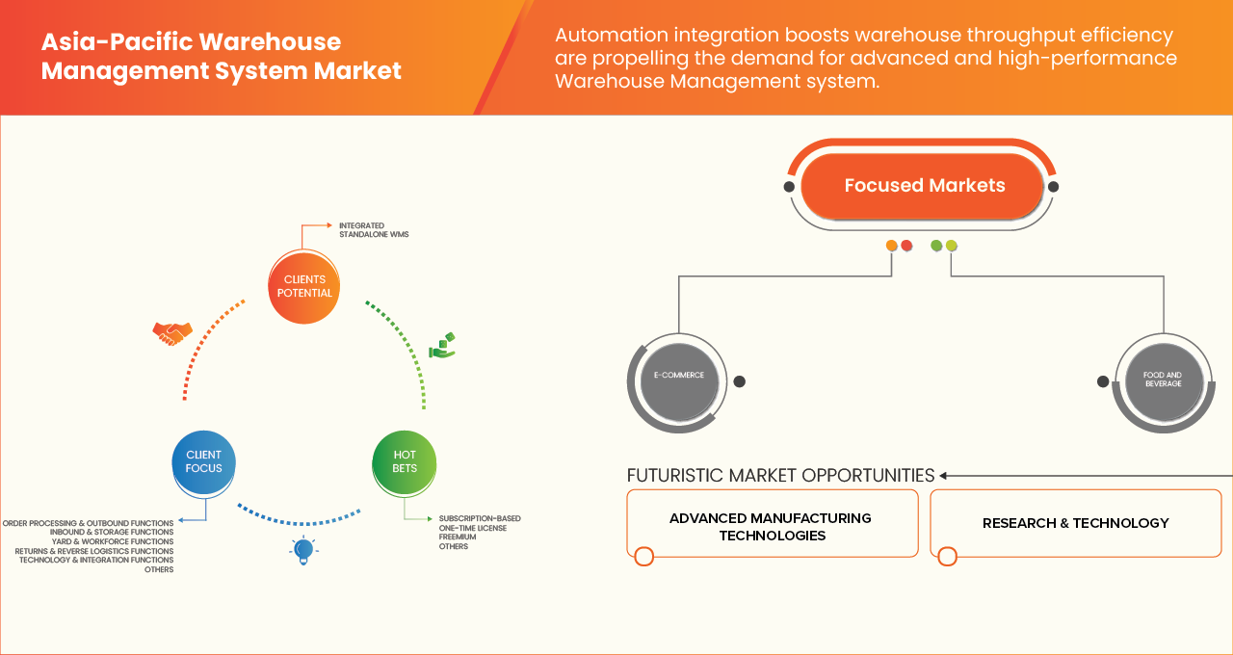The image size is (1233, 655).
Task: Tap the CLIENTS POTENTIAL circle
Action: [304, 286]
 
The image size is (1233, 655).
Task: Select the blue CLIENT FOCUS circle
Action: [203, 461]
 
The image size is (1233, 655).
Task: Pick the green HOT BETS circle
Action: [405, 461]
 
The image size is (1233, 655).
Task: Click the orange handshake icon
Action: [172, 333]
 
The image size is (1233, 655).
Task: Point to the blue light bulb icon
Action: [303, 550]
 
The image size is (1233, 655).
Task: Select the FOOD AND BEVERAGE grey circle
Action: [1163, 381]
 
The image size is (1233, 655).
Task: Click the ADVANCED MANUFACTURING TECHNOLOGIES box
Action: [771, 526]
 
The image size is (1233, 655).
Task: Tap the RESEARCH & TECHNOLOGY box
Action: [1075, 523]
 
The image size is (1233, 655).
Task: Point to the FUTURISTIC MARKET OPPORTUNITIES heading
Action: [780, 476]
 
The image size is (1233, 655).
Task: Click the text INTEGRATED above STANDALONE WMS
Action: [361, 225]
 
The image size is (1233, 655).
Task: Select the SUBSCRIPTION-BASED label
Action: [480, 518]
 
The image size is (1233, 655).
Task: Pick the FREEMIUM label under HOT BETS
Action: [459, 537]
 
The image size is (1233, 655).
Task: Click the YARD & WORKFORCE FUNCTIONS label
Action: [113, 541]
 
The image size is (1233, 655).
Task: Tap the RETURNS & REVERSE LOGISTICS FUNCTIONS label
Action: [94, 551]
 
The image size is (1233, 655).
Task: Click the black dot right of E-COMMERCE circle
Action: [739, 381]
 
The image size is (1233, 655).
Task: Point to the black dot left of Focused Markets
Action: [790, 186]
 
